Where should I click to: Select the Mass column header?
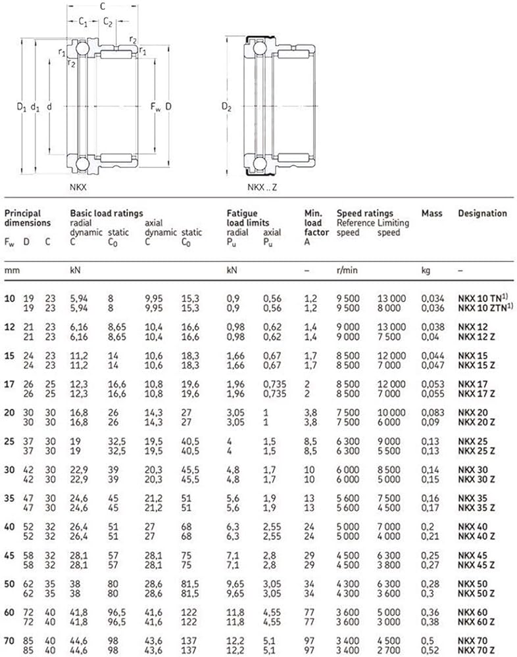point(432,214)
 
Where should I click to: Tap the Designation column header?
point(482,214)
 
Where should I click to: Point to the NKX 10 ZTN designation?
point(480,307)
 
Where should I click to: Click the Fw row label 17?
point(10,384)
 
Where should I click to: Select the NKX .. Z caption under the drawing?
point(262,187)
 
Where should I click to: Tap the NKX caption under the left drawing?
point(78,187)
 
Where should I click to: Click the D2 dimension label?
point(228,106)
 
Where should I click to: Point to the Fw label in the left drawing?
point(155,106)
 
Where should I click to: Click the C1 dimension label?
point(84,22)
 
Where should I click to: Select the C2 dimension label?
point(108,22)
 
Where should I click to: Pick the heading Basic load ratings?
point(106,214)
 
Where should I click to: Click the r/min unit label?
point(346,270)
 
